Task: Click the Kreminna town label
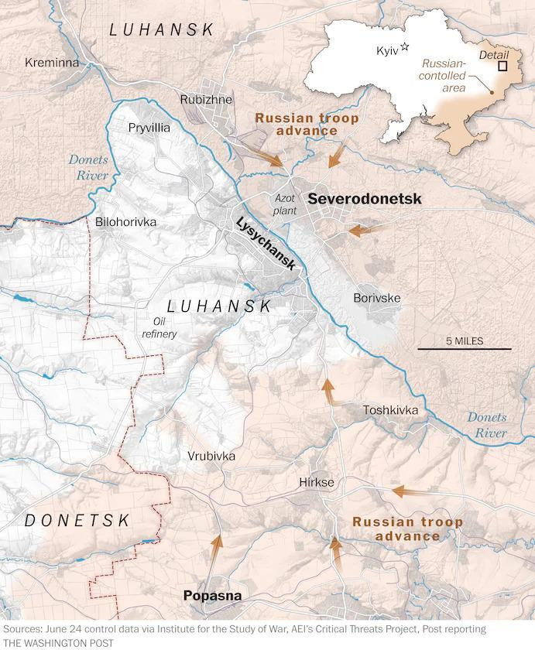pyautogui.click(x=52, y=62)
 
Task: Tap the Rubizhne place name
pyautogui.click(x=206, y=99)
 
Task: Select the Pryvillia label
pyautogui.click(x=149, y=128)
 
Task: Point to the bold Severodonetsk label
pyautogui.click(x=365, y=199)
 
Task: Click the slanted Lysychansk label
pyautogui.click(x=266, y=242)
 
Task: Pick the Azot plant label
pyautogui.click(x=285, y=204)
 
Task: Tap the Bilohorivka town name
pyautogui.click(x=125, y=222)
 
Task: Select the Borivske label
pyautogui.click(x=376, y=297)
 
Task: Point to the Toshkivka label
pyautogui.click(x=391, y=410)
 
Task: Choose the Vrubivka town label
pyautogui.click(x=211, y=457)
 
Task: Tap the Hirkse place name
pyautogui.click(x=316, y=482)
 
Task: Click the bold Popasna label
pyautogui.click(x=212, y=595)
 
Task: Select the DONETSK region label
pyautogui.click(x=77, y=521)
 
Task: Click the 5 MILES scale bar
pyautogui.click(x=465, y=348)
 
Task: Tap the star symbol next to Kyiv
pyautogui.click(x=404, y=48)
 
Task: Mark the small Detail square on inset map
pyautogui.click(x=502, y=67)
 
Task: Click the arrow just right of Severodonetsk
pyautogui.click(x=364, y=230)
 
